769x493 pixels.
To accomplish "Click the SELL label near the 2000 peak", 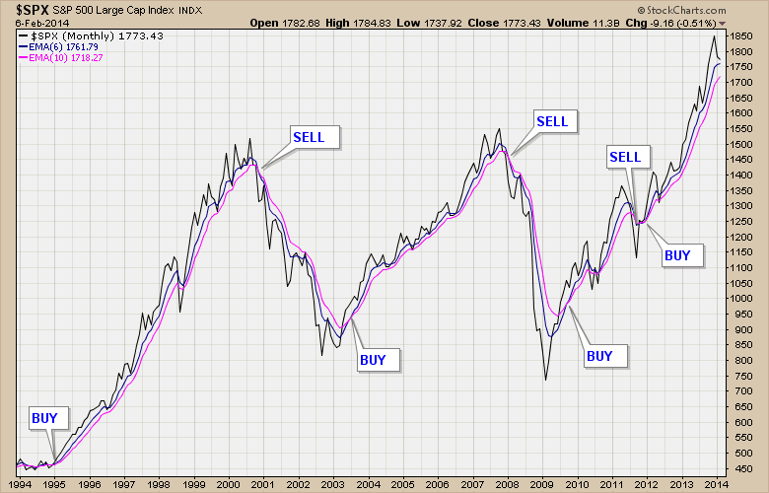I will point(315,136).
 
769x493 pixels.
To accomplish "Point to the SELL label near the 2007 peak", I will point(552,121).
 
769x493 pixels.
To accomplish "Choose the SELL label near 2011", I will point(625,157).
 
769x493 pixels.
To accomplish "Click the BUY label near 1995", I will point(45,418).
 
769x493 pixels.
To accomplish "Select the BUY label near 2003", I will point(373,359).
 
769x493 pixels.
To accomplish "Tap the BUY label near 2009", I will point(599,355).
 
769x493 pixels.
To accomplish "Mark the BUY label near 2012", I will point(677,255).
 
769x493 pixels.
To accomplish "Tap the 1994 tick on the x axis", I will point(20,484).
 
